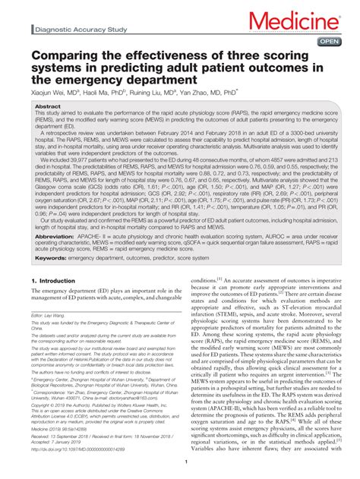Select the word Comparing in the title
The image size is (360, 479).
click(x=65, y=59)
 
